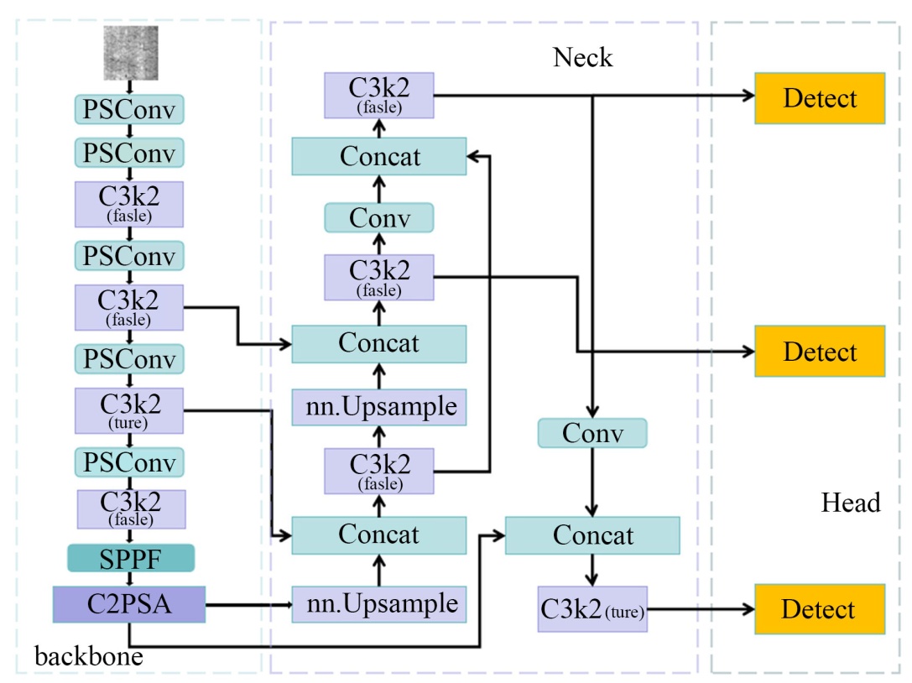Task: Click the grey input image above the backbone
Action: click(x=129, y=53)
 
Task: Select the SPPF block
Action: click(x=131, y=557)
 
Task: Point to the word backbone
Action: click(x=88, y=656)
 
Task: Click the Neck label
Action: click(x=582, y=57)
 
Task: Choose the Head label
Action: click(x=851, y=503)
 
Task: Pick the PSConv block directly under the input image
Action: click(x=129, y=110)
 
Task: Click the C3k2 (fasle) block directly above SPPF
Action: click(x=131, y=509)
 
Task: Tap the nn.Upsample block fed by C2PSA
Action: click(x=378, y=603)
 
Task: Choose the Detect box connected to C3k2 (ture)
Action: click(x=820, y=609)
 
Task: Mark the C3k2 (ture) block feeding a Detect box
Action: click(x=593, y=610)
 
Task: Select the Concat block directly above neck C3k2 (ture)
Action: click(x=592, y=535)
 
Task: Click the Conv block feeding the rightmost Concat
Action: click(x=592, y=433)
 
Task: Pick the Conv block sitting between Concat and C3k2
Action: click(x=378, y=218)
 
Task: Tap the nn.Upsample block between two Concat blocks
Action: click(x=378, y=407)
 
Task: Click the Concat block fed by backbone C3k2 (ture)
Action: click(x=378, y=535)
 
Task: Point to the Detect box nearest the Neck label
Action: click(x=820, y=98)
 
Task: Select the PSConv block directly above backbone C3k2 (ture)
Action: click(x=129, y=359)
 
